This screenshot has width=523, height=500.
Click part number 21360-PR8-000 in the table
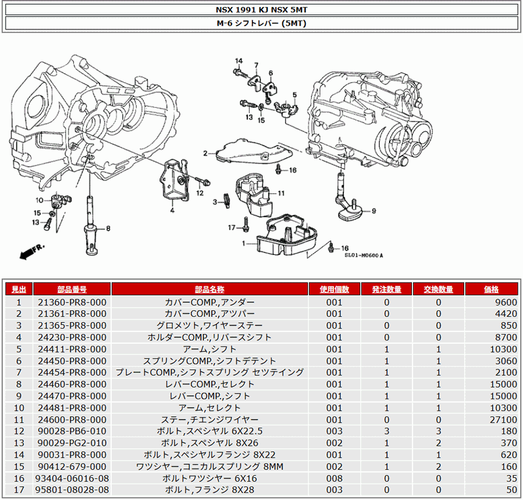click(x=71, y=303)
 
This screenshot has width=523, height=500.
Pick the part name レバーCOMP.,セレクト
click(x=210, y=384)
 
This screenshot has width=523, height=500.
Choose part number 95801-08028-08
click(x=71, y=490)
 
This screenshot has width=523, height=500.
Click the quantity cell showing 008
click(x=334, y=478)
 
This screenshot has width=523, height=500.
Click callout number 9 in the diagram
click(x=374, y=210)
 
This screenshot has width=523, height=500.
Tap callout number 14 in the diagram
click(x=239, y=61)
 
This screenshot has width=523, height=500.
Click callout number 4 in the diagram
click(x=172, y=210)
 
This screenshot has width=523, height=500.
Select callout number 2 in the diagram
click(x=205, y=154)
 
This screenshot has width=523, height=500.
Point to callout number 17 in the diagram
click(x=231, y=227)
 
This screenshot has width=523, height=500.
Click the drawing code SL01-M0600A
click(x=363, y=256)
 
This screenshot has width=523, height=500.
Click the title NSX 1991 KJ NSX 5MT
click(x=261, y=10)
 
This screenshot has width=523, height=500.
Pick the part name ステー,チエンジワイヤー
click(x=210, y=420)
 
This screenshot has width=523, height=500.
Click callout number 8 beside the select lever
click(x=108, y=229)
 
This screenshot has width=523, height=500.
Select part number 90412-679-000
click(x=71, y=466)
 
